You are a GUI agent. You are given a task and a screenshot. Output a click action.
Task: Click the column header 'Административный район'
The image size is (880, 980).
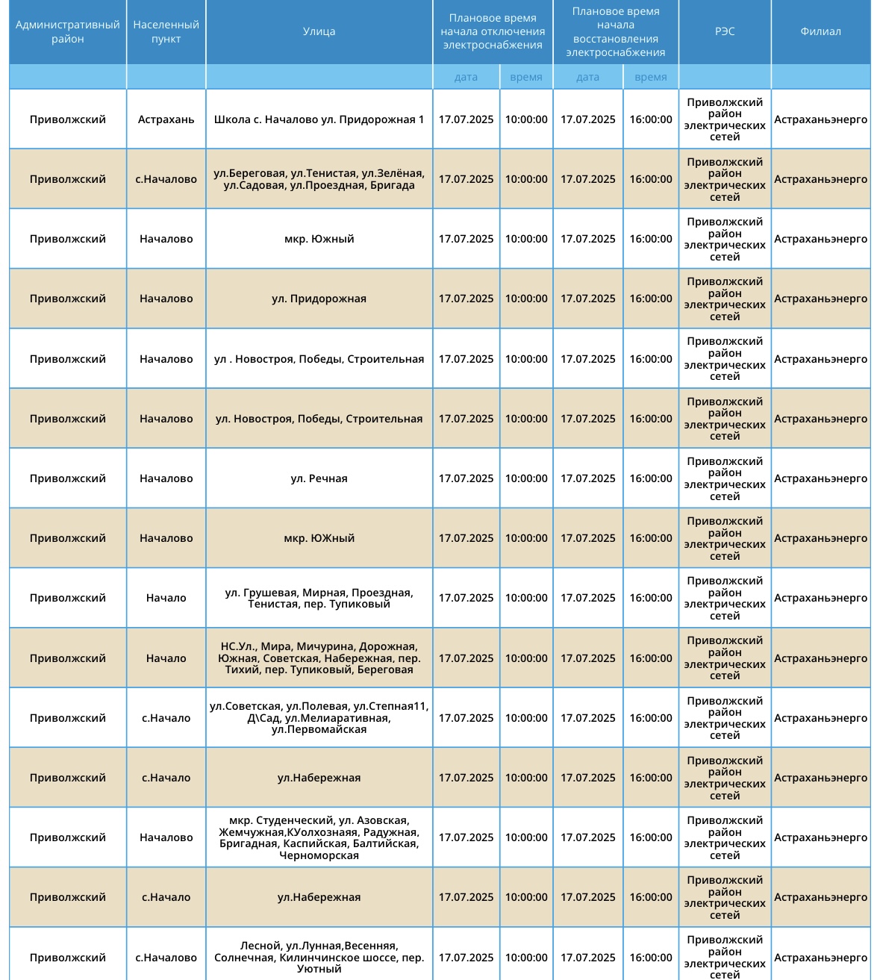coord(67,31)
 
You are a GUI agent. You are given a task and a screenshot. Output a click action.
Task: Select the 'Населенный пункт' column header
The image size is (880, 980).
coord(166,31)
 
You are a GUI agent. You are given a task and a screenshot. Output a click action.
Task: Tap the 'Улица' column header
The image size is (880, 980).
coord(319,31)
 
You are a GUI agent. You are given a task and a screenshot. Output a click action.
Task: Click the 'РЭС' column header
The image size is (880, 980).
coord(724,31)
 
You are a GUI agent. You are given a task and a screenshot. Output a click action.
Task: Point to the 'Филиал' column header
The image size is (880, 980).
coord(820,31)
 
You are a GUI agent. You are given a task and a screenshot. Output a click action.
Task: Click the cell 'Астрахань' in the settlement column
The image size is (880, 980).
coord(166,119)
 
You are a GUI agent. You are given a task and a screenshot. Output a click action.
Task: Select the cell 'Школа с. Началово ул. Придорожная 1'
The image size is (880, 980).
coord(319,119)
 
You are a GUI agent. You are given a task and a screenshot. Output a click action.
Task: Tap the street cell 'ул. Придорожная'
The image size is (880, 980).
coord(319,299)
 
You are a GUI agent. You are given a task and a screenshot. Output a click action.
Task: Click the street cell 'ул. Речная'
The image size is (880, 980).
coord(319,478)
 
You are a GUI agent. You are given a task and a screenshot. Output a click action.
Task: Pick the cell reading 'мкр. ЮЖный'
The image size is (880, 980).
coord(319,538)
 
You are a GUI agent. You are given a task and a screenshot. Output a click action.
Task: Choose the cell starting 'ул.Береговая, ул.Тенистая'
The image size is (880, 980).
coord(319,179)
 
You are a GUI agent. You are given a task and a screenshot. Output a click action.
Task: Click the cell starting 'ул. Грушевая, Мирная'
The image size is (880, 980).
coord(319,598)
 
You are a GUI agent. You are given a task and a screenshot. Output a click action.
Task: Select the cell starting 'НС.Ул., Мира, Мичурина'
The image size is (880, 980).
coord(319,658)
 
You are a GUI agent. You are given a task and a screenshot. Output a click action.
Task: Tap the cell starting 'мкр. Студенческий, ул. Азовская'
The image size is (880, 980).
coord(319,837)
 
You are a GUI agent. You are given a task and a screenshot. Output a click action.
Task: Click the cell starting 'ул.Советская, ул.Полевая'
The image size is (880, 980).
coord(319,718)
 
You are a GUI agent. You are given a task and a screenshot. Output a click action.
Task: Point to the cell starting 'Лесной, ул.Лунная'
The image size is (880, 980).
coord(319,957)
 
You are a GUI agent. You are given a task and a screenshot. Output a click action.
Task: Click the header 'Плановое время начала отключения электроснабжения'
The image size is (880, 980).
coord(493,31)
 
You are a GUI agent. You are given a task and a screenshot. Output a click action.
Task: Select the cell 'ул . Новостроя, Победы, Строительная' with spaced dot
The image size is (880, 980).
coord(319,359)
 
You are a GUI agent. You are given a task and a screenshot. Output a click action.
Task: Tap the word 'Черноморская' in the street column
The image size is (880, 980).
coord(319,855)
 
